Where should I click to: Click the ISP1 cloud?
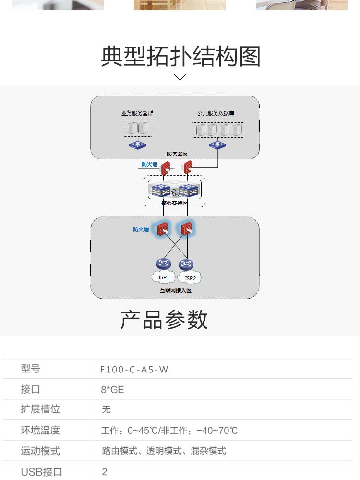tap(164, 277)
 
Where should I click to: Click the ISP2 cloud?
tap(190, 278)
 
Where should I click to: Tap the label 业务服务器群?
tap(137, 113)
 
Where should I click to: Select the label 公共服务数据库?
tap(216, 113)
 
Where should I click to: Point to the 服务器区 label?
tap(177, 154)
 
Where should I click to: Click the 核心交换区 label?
tap(174, 203)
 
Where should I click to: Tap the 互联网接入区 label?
tap(176, 290)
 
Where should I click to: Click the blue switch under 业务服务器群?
tap(138, 145)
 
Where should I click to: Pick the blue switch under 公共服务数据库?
tap(217, 145)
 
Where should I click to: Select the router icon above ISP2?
tap(186, 264)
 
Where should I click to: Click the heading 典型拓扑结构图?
tap(180, 57)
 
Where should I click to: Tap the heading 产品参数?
tap(164, 320)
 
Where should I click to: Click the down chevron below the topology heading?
tap(180, 77)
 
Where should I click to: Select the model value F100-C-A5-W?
tap(134, 369)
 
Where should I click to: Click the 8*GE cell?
tap(112, 389)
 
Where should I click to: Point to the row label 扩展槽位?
tap(40, 409)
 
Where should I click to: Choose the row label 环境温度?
tap(40, 430)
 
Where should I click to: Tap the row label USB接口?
tap(41, 472)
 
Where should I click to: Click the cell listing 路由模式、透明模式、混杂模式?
tap(164, 451)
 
